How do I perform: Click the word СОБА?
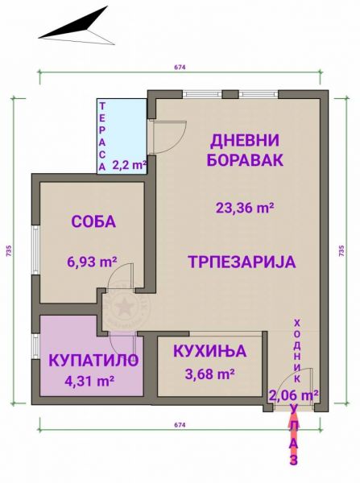tap(93, 221)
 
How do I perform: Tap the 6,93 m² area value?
tap(92, 262)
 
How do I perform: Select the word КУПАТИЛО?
tap(93, 361)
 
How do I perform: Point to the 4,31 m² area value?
tap(89, 381)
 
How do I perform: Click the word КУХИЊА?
tap(210, 351)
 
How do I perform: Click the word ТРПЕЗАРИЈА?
tap(242, 262)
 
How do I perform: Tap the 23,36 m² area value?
tap(245, 208)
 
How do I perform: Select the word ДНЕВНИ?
tap(244, 140)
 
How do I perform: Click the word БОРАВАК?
tap(245, 160)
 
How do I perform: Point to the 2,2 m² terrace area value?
tap(129, 165)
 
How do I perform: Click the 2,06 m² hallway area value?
tap(294, 394)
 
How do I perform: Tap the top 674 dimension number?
tap(180, 68)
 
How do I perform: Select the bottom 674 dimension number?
tap(180, 425)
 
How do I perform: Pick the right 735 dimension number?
tap(341, 250)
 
